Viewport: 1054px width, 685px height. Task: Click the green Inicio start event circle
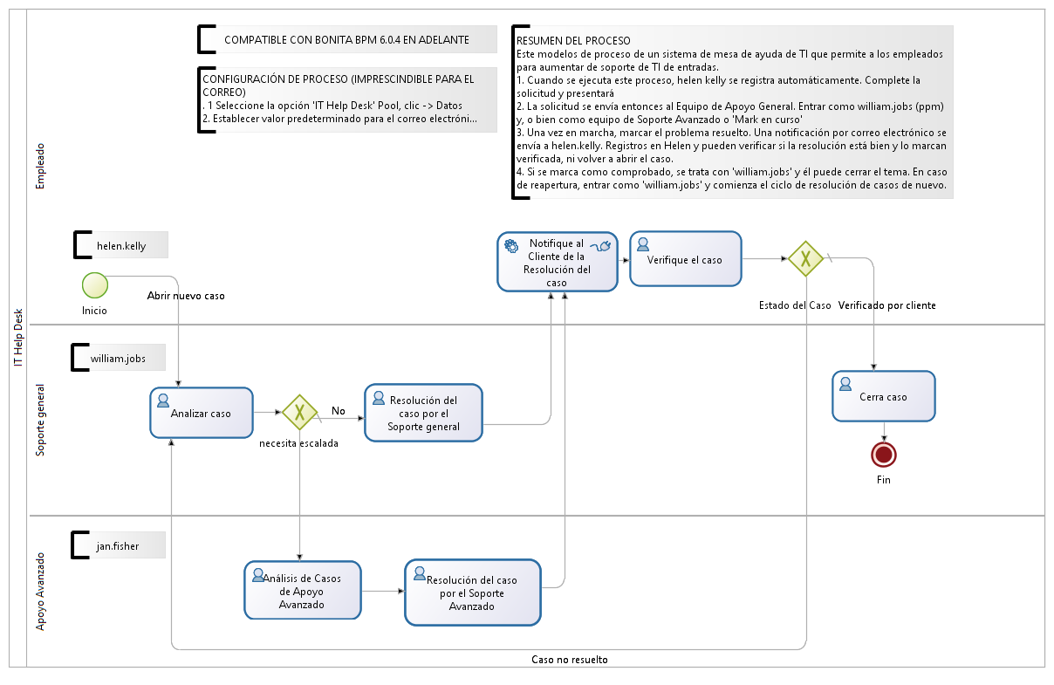[94, 285]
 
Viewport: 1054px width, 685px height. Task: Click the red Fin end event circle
[884, 455]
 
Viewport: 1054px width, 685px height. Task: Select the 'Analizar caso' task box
[202, 413]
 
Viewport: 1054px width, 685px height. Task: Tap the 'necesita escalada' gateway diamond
[299, 412]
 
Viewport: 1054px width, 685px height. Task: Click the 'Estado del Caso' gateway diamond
[806, 259]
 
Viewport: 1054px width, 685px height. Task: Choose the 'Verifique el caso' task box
[685, 259]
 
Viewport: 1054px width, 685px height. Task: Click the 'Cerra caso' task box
[883, 396]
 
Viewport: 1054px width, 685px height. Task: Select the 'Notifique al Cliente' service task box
[557, 262]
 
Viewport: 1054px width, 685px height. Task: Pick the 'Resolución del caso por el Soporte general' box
[423, 414]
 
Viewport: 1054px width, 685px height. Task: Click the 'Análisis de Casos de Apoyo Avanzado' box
[302, 591]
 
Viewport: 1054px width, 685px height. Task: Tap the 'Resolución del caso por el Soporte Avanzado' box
[472, 593]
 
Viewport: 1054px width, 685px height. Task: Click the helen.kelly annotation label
[122, 246]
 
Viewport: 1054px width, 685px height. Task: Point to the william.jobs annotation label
[119, 358]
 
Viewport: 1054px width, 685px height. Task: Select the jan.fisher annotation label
[118, 547]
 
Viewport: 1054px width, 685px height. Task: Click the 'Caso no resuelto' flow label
[570, 660]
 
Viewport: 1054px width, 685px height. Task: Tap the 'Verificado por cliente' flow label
[886, 305]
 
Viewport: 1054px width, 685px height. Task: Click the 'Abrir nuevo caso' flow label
[186, 296]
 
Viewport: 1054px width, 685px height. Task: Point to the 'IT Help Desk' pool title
[18, 338]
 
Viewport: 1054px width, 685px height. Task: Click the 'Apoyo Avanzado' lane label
[40, 592]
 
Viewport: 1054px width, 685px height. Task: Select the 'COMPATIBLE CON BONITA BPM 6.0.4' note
[346, 40]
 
